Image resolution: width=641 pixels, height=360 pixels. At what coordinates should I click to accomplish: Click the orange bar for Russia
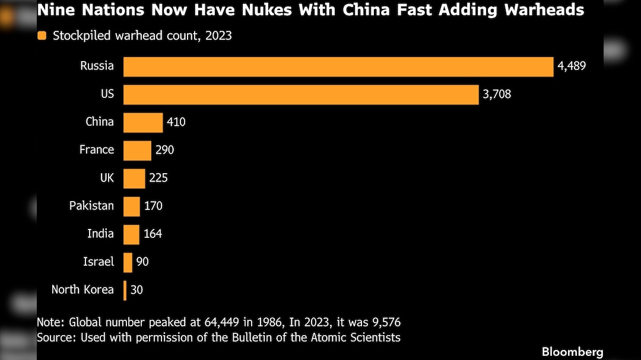(x=338, y=66)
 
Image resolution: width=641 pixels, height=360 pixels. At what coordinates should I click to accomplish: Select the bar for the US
(x=301, y=94)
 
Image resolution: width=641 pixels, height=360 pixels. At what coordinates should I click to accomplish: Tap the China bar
(x=143, y=122)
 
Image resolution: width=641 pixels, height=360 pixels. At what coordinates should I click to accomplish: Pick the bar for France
(x=137, y=150)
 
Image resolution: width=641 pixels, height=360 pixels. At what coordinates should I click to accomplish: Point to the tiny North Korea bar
(x=125, y=290)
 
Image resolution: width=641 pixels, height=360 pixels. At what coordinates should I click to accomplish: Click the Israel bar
(x=128, y=262)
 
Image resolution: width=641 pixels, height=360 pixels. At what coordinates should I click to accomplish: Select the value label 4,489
(x=572, y=66)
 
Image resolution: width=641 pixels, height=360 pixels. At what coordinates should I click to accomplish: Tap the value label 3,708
(x=497, y=94)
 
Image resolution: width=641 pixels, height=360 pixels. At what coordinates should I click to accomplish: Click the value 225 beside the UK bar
(x=158, y=178)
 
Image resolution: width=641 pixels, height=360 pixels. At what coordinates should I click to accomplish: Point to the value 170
(x=153, y=206)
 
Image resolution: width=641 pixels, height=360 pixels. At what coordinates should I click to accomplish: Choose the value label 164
(x=153, y=234)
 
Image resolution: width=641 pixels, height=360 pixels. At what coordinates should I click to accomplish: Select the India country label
(x=100, y=234)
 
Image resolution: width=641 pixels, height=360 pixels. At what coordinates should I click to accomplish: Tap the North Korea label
(x=82, y=290)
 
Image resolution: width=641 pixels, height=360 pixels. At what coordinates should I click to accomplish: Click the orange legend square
(x=42, y=36)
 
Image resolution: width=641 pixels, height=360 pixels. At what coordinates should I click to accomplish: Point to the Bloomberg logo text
(x=572, y=352)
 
